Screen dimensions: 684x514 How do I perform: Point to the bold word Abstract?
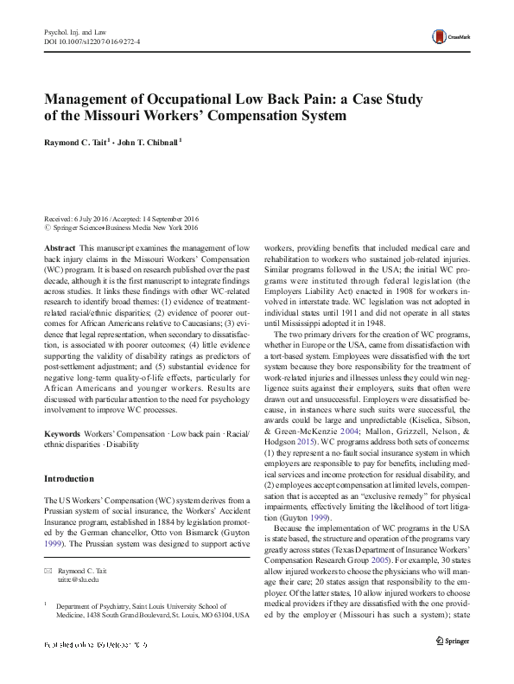pyautogui.click(x=58, y=246)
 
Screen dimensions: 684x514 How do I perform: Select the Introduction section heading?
pyautogui.click(x=70, y=478)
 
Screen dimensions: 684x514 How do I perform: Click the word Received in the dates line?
pyautogui.click(x=59, y=218)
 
